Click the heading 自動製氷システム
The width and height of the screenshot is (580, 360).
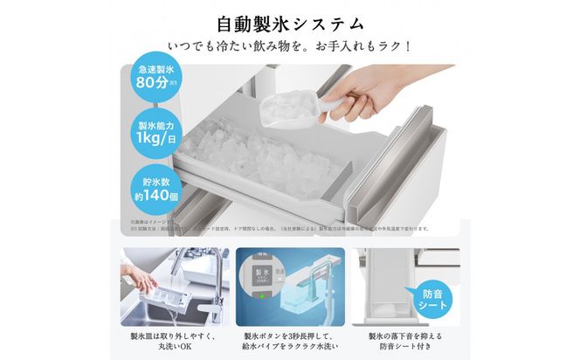[290, 20]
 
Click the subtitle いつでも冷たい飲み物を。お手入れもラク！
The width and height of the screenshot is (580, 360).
[290, 44]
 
